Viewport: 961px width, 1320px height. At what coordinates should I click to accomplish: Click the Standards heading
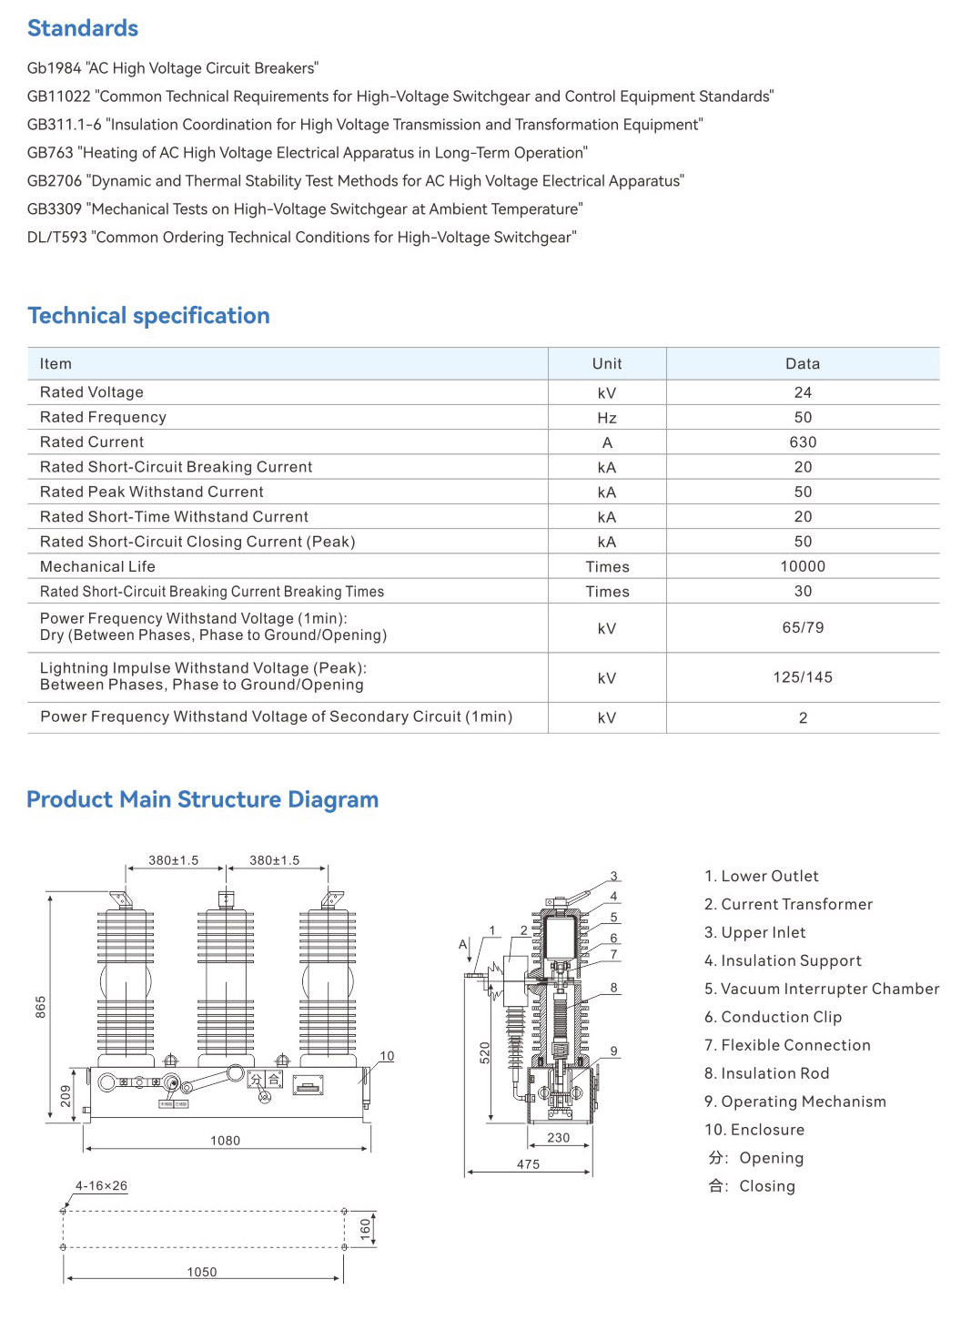(x=83, y=28)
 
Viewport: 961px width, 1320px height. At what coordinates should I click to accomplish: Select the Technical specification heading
(x=148, y=316)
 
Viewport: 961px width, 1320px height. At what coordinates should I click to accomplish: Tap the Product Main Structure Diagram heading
(x=202, y=799)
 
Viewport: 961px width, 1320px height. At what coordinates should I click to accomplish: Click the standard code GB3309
(x=55, y=209)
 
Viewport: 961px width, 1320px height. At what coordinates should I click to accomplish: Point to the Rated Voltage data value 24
(x=802, y=392)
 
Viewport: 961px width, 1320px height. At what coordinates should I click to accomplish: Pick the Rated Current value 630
(x=802, y=442)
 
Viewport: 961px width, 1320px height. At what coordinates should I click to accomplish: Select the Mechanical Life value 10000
(x=802, y=566)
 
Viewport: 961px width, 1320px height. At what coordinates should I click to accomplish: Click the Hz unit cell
(x=606, y=418)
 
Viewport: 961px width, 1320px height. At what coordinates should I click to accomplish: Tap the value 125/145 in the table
(x=802, y=677)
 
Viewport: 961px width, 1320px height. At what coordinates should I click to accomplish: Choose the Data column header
(x=802, y=364)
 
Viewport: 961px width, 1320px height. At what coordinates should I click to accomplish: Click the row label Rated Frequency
(x=103, y=417)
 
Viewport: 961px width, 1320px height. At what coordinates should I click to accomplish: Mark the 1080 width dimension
(x=225, y=1141)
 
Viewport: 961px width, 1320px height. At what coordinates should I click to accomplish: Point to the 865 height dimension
(x=40, y=1006)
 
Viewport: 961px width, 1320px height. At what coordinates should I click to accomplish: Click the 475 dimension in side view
(x=528, y=1164)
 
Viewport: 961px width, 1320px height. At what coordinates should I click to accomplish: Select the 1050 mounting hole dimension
(x=202, y=1272)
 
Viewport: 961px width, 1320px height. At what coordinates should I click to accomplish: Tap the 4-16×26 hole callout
(x=101, y=1186)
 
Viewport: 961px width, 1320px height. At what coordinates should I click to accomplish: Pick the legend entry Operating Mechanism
(x=795, y=1102)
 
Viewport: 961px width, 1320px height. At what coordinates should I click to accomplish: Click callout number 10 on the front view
(x=387, y=1056)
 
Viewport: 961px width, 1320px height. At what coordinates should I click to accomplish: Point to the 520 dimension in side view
(x=485, y=1052)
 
